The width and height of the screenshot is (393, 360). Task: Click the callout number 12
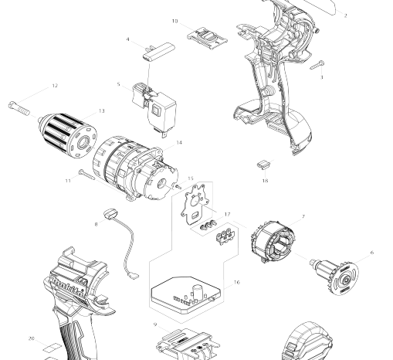[55, 86]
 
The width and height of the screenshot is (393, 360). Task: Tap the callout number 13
[102, 110]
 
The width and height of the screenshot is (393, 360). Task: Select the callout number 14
[179, 142]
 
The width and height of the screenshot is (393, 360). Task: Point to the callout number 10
[174, 21]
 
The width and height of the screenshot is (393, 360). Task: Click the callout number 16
[237, 282]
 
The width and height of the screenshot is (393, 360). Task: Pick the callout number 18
[265, 181]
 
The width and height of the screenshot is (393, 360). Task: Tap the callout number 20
[31, 338]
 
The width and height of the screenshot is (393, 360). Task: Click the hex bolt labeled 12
[19, 109]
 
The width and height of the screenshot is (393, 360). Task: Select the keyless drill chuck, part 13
[68, 135]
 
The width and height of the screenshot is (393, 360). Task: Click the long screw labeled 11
[86, 175]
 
